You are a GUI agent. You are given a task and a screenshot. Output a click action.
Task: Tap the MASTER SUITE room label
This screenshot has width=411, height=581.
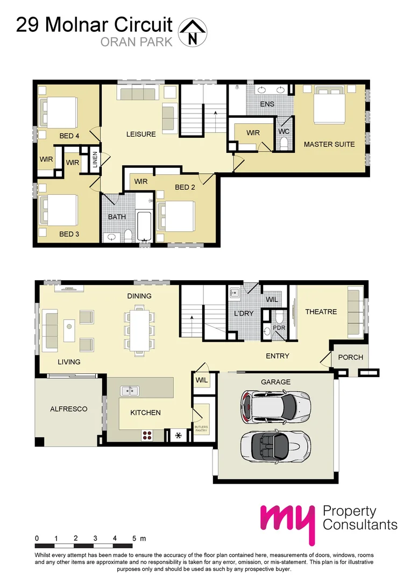329,144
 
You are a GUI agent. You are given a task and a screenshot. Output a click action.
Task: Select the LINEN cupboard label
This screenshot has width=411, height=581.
95,160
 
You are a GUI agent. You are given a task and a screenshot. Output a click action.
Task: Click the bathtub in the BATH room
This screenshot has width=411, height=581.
144,225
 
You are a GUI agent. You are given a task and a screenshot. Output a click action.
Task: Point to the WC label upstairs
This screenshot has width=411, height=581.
284,131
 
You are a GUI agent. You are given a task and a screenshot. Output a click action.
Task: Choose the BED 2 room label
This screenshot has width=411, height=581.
185,187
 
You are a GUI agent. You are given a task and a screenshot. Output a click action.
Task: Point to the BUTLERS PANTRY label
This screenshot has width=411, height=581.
201,429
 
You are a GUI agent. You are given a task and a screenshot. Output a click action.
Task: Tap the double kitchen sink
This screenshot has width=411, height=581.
129,391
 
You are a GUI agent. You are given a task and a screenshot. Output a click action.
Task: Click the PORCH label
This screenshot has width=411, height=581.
350,357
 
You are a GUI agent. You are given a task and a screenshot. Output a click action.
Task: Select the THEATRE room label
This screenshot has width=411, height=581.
321,311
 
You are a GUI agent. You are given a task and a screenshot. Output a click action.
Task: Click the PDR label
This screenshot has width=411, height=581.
279,327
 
